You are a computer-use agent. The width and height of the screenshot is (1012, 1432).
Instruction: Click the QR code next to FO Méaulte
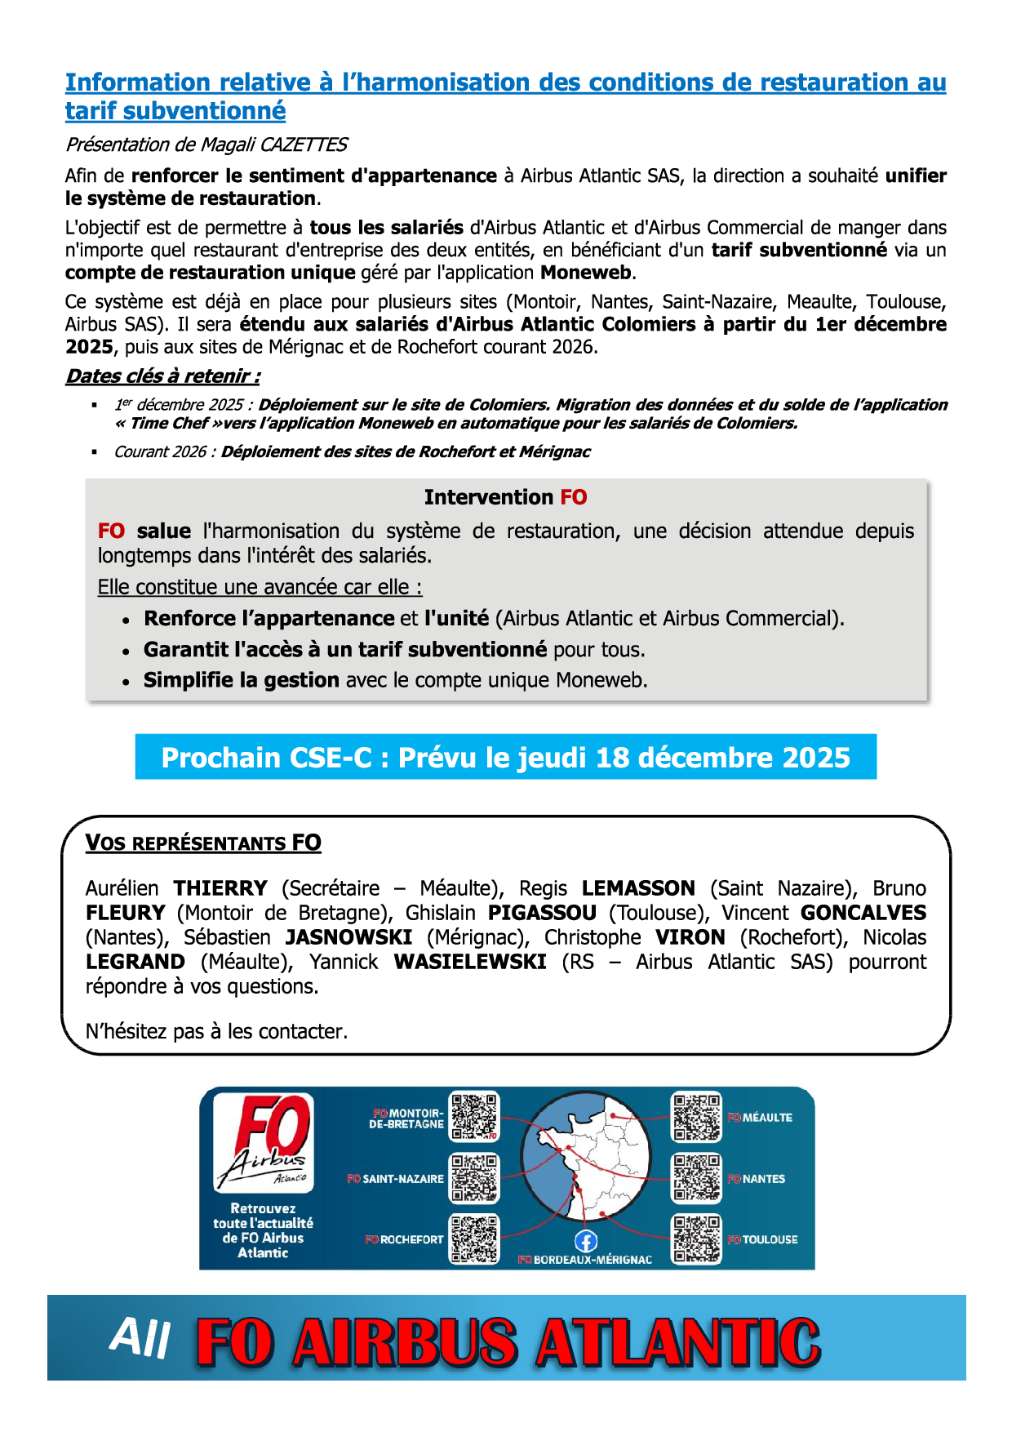696,1117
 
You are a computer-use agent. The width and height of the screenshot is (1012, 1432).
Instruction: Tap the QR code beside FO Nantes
696,1178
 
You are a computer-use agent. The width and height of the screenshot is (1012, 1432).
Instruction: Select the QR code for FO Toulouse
696,1239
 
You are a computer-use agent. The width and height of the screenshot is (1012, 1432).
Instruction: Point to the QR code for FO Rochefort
474,1239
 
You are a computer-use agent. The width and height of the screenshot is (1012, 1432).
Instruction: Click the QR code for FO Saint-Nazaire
474,1178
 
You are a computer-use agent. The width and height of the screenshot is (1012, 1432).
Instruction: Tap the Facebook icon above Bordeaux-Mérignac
586,1242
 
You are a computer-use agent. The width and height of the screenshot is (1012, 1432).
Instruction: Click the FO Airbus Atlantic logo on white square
264,1142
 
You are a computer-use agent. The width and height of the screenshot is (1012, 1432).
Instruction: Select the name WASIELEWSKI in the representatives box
470,962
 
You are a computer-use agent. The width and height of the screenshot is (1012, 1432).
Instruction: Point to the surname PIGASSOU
542,913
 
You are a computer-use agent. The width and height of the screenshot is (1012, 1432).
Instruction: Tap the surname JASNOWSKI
348,937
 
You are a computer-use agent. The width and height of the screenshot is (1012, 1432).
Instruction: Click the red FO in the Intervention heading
574,497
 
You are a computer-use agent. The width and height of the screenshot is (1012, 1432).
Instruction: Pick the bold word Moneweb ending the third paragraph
586,273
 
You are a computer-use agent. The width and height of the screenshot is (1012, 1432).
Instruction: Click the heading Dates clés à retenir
163,376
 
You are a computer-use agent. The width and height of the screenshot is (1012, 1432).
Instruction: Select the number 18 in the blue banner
613,758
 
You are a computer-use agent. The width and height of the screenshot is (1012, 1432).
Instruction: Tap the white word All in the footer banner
140,1338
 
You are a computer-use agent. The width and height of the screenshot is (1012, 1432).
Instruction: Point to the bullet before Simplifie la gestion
126,682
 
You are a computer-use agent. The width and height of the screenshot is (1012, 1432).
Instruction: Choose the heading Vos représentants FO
203,843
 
